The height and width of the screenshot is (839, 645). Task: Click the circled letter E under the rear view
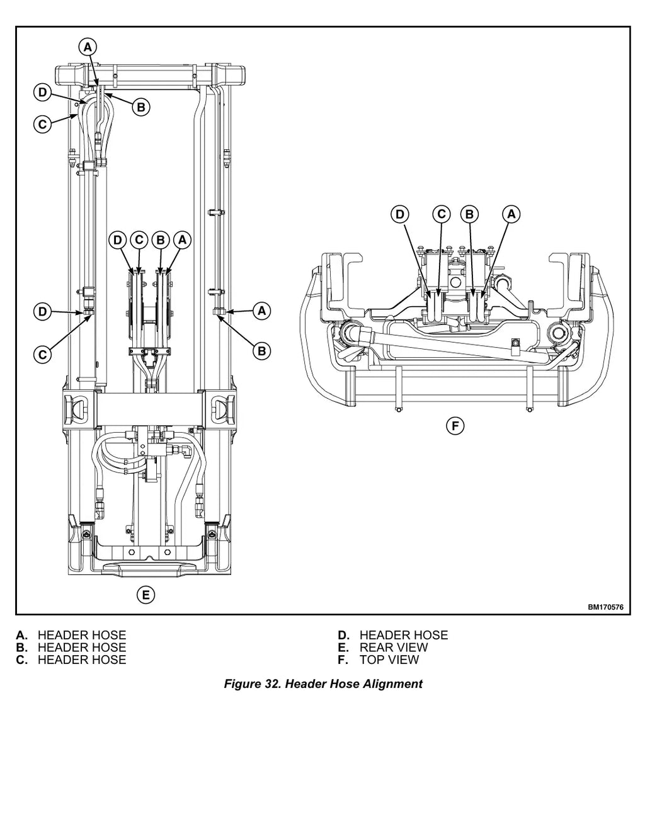(x=146, y=595)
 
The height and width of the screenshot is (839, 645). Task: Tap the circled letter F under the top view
(x=455, y=426)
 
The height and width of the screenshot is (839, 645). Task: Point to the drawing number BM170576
(x=605, y=607)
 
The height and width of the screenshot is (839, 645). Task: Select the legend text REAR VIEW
(x=393, y=647)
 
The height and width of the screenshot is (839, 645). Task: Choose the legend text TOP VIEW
(x=389, y=659)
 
